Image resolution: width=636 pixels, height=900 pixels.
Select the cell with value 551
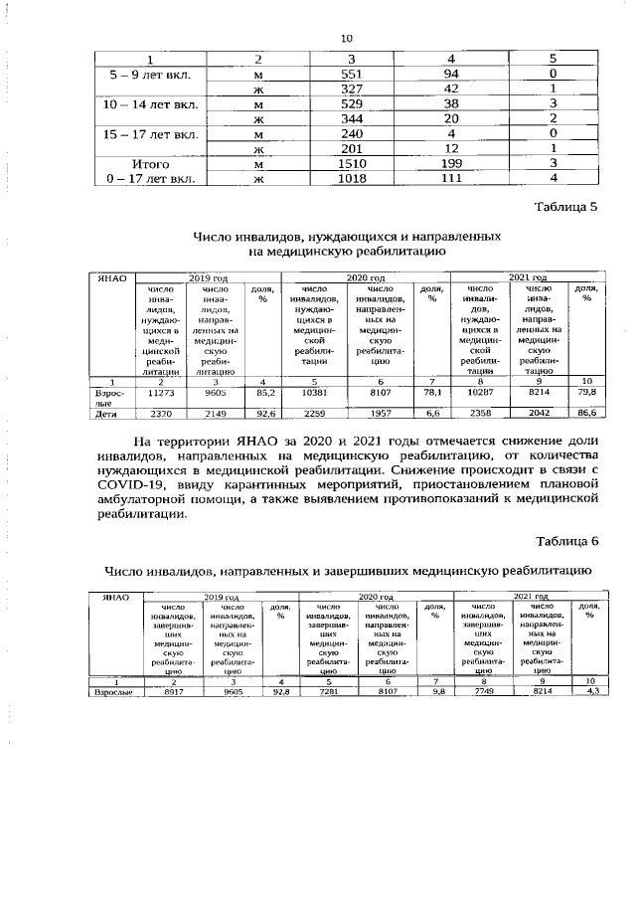tap(354, 74)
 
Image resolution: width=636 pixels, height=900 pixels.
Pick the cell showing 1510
tap(354, 163)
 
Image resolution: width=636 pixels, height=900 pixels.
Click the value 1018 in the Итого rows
tap(354, 179)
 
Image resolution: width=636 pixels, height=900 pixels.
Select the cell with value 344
tap(354, 119)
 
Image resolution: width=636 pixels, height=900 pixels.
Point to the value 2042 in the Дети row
tap(538, 411)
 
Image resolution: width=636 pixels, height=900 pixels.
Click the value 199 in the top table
tap(450, 163)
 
